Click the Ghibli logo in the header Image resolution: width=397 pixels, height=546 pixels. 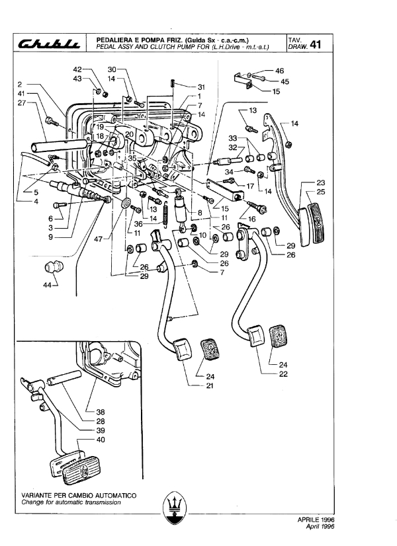pyautogui.click(x=50, y=43)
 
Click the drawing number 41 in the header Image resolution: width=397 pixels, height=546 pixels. pyautogui.click(x=315, y=44)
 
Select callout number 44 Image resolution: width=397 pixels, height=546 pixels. pyautogui.click(x=48, y=285)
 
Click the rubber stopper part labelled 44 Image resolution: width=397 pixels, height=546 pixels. pyautogui.click(x=54, y=268)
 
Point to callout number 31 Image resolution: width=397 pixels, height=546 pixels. pyautogui.click(x=201, y=87)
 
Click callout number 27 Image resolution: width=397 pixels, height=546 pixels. pyautogui.click(x=22, y=103)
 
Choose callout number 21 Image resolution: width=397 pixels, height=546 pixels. pyautogui.click(x=210, y=385)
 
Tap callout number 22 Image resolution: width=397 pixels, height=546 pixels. pyautogui.click(x=283, y=374)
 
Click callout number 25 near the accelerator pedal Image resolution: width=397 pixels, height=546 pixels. pyautogui.click(x=321, y=192)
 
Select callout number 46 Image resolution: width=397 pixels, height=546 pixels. pyautogui.click(x=279, y=71)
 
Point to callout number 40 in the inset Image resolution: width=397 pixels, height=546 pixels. pyautogui.click(x=101, y=440)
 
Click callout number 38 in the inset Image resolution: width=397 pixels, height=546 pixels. pyautogui.click(x=101, y=412)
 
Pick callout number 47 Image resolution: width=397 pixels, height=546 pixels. pyautogui.click(x=99, y=239)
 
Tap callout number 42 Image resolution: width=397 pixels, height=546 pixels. pyautogui.click(x=77, y=69)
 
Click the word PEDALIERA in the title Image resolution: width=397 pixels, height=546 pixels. pyautogui.click(x=112, y=40)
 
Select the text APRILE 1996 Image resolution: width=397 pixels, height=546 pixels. pyautogui.click(x=316, y=520)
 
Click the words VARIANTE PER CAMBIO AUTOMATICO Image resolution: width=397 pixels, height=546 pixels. pyautogui.click(x=79, y=496)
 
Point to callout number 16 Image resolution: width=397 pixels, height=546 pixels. pyautogui.click(x=252, y=219)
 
